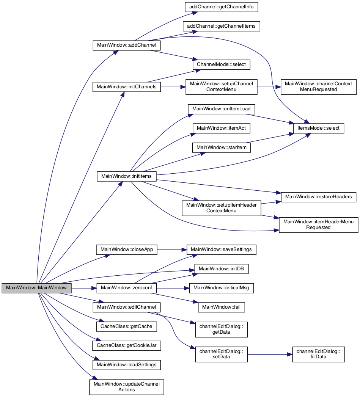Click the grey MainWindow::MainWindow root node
point(36,288)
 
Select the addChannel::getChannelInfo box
point(222,7)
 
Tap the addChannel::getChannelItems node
point(222,26)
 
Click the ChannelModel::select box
point(222,64)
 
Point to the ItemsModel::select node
point(318,128)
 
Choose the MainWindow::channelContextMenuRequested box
point(318,87)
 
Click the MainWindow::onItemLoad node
point(222,109)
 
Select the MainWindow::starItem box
point(222,148)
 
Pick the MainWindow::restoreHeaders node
point(318,197)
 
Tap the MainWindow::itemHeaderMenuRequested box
point(318,225)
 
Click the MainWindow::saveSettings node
point(222,249)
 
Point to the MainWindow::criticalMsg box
point(222,288)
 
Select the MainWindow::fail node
point(222,307)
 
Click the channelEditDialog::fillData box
point(318,354)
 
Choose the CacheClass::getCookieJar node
point(127,345)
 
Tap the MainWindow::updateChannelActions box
point(127,387)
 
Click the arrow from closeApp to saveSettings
point(172,249)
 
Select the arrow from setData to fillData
point(270,354)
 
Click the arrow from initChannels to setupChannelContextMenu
point(173,87)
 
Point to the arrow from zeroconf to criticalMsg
point(173,288)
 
